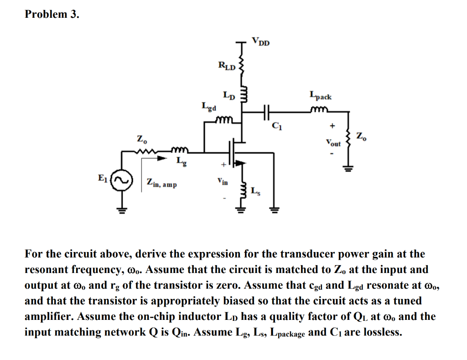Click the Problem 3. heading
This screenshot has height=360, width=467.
(52, 14)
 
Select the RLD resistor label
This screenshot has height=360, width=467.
(227, 67)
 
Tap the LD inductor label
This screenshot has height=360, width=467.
(229, 96)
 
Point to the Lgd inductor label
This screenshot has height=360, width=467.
(209, 107)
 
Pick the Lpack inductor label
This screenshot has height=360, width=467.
(321, 97)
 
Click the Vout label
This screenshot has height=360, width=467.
(333, 143)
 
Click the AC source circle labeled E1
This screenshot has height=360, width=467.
(123, 179)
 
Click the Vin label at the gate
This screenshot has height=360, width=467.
(223, 182)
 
